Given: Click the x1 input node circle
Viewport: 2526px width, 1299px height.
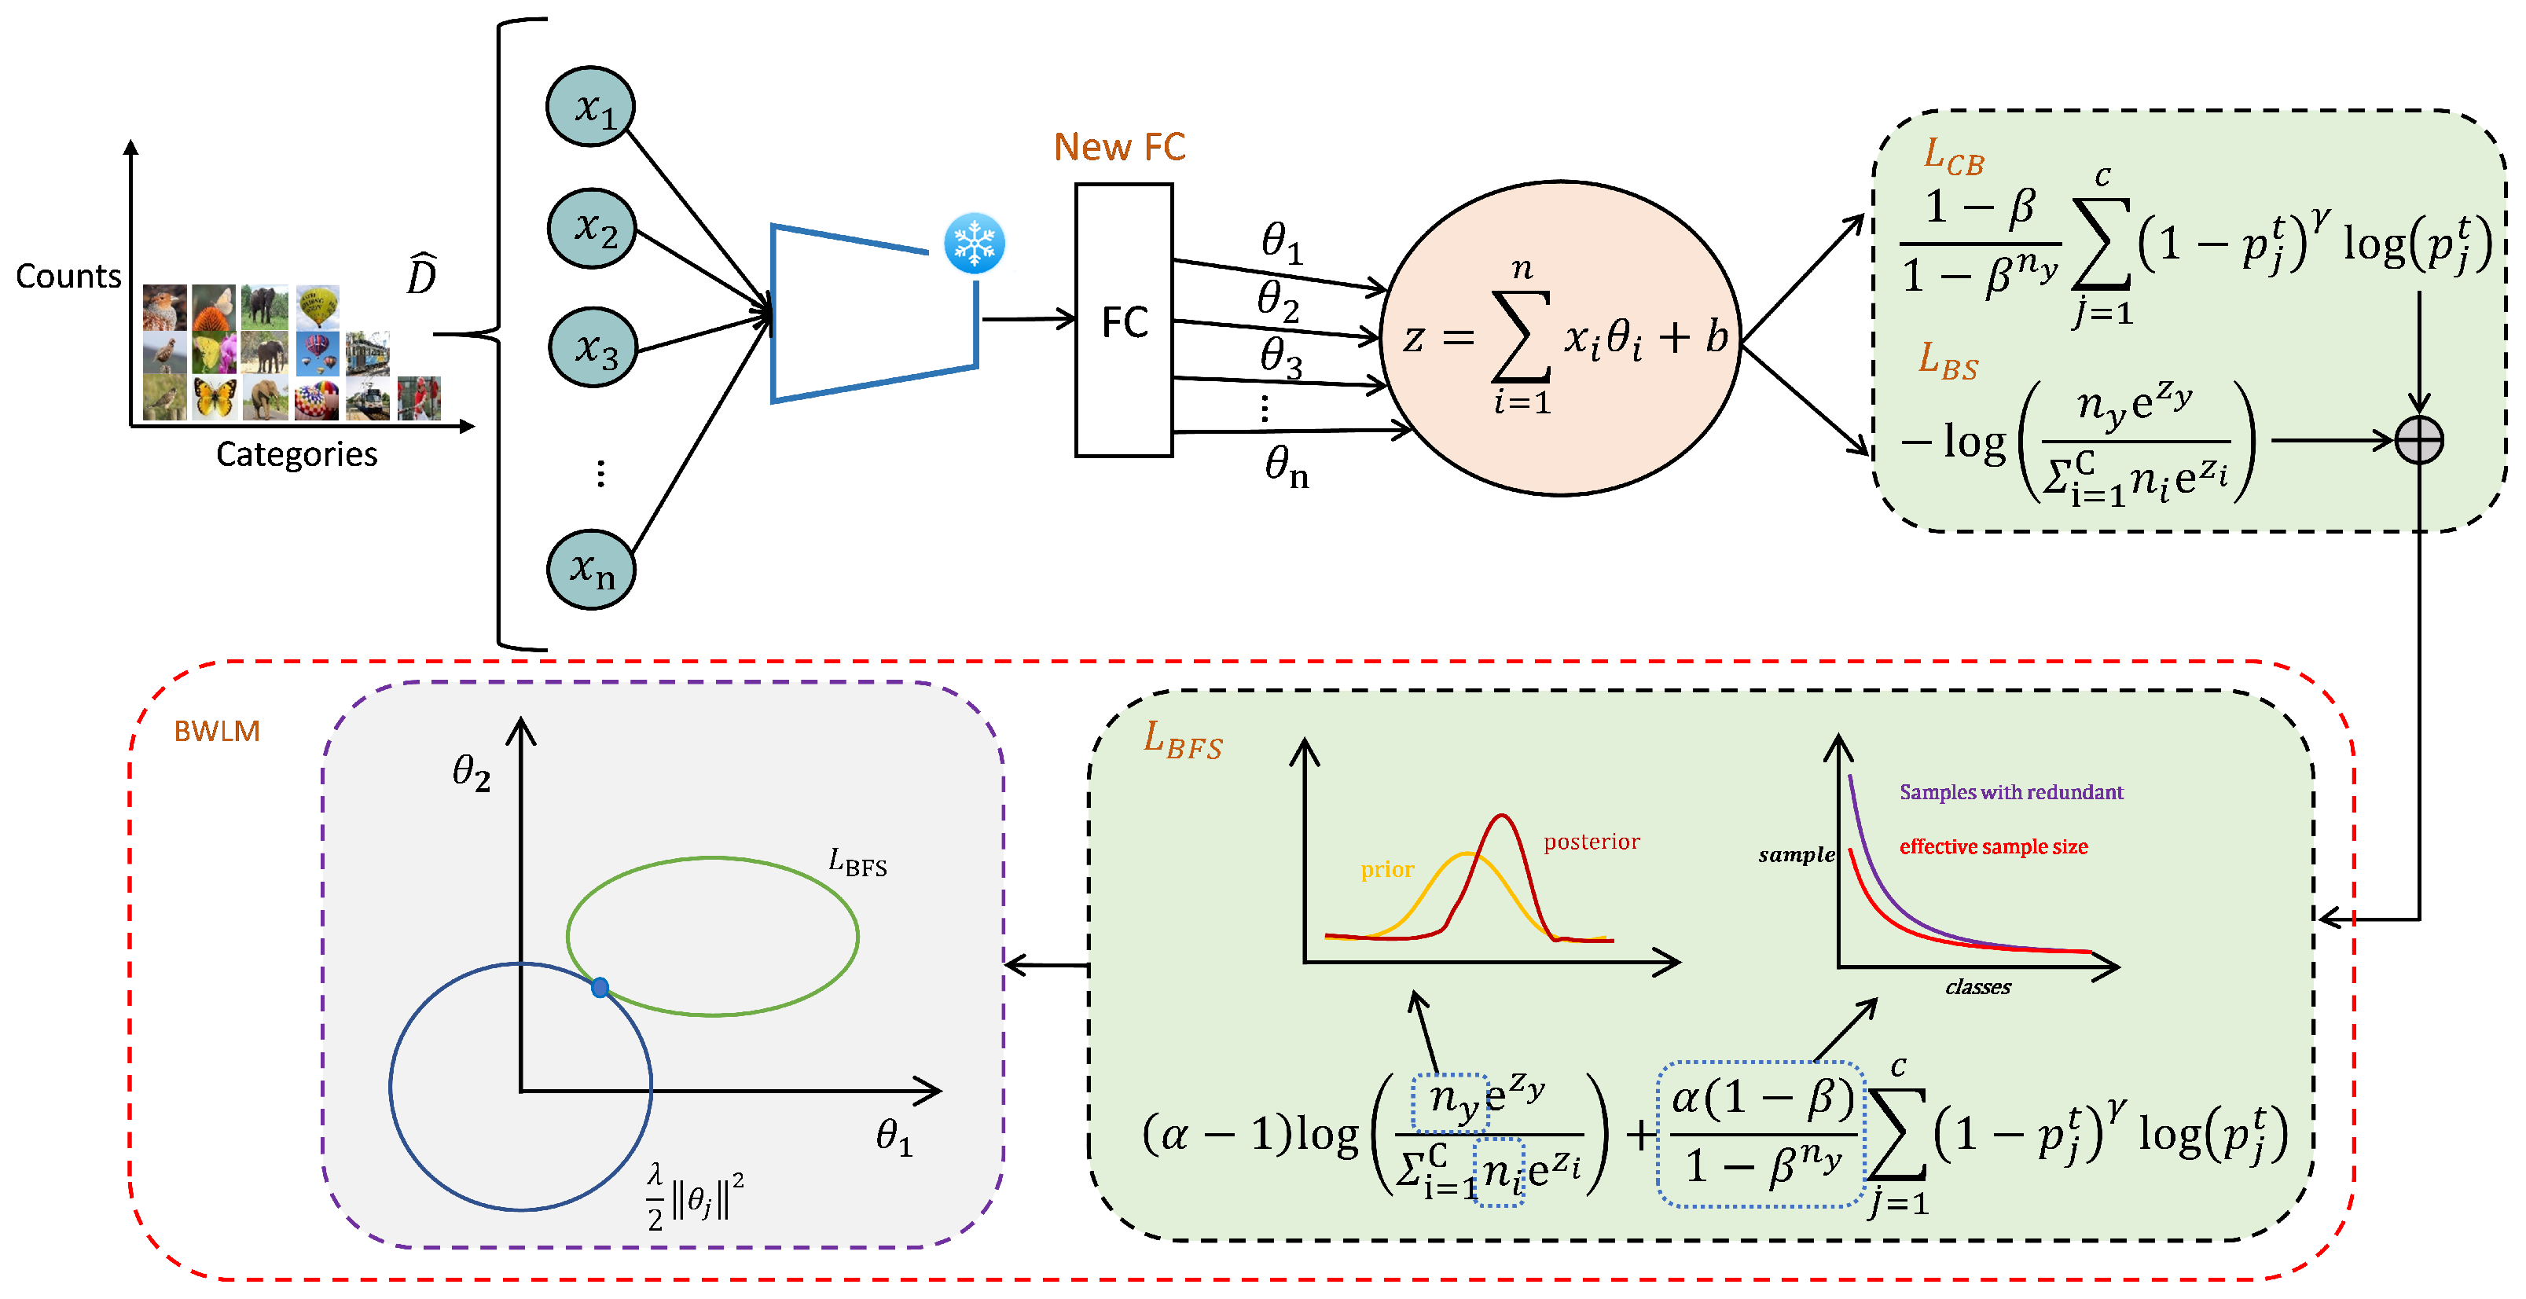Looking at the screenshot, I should coord(590,107).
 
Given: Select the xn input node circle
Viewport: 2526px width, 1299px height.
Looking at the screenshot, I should coord(591,570).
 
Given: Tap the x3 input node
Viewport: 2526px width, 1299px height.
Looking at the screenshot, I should coord(593,347).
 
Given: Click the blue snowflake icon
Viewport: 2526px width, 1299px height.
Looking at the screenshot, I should coord(974,243).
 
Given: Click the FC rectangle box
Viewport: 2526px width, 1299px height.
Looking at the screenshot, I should coord(1124,321).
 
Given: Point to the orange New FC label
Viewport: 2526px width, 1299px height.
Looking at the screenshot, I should coord(1119,147).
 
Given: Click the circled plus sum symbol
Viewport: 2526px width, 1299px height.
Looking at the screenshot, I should coord(2418,440).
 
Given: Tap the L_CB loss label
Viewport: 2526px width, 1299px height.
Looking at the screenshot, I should coord(1952,157).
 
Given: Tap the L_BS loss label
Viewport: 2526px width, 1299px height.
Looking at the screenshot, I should coord(1948,361).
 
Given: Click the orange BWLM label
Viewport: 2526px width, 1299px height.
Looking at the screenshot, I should coord(217,732).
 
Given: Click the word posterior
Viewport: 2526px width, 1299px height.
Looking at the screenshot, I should coord(1591,841).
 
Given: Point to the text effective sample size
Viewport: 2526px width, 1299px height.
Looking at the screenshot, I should coord(1992,846).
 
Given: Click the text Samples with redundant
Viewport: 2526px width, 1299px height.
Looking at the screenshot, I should coord(2010,791).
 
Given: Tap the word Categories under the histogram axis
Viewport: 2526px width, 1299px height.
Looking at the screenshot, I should coord(296,454).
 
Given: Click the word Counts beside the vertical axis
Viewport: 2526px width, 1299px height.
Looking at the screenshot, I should coord(68,277).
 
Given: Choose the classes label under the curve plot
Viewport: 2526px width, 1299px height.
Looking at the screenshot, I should coord(1977,987).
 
